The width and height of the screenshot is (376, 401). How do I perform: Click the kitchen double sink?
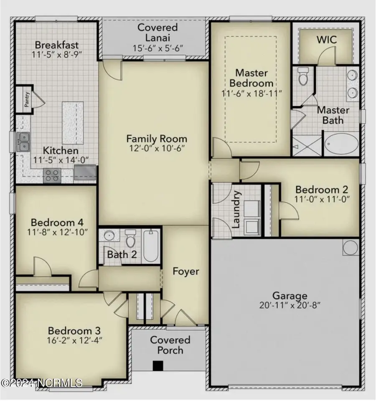tap(23, 141)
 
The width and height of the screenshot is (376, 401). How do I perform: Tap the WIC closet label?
tap(326, 40)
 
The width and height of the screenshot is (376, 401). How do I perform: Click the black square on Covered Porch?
tap(157, 365)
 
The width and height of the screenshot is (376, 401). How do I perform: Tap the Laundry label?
tap(236, 210)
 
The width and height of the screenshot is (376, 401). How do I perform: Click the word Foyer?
tap(186, 272)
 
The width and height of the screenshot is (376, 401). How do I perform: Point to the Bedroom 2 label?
tap(322, 189)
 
